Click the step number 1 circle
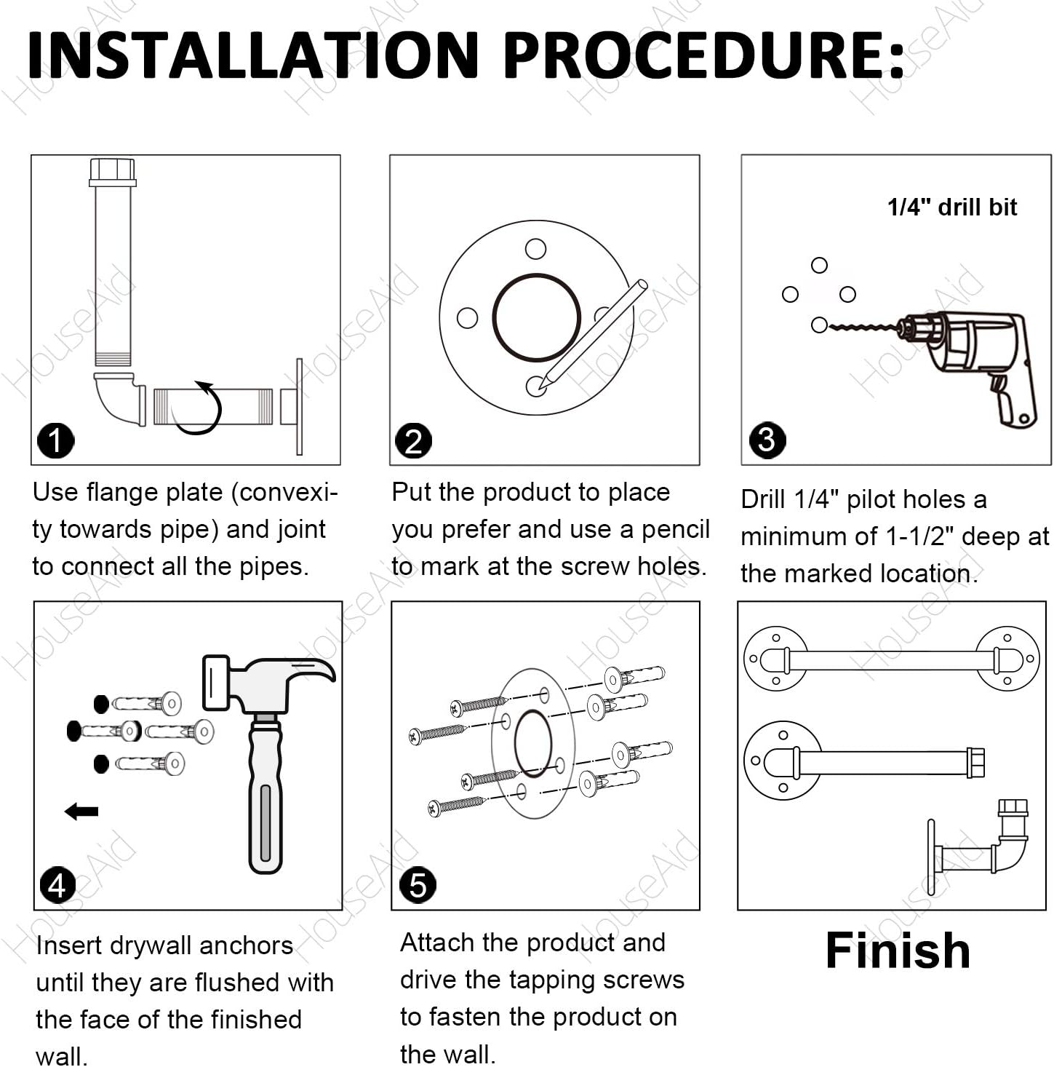click(56, 440)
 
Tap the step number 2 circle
click(413, 441)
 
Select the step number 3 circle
click(767, 440)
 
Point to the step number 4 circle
click(57, 886)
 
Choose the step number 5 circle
click(418, 885)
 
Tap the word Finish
click(898, 951)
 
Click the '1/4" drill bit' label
click(952, 207)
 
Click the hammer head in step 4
click(268, 683)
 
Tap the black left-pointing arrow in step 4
click(81, 812)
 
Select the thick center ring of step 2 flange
click(536, 317)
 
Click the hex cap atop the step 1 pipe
click(112, 172)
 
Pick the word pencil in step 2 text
click(675, 529)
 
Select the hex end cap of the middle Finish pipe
click(976, 763)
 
